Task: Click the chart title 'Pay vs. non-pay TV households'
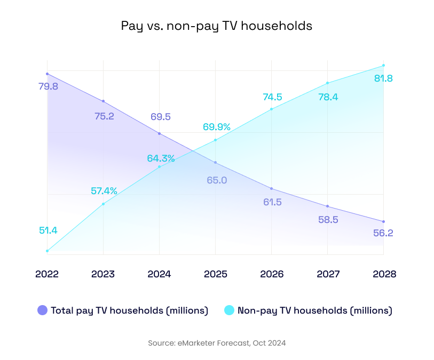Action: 216,26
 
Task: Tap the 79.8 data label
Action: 48,86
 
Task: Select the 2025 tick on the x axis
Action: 216,274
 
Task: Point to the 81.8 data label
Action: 383,78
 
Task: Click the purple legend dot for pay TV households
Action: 42,310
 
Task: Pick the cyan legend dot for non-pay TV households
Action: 229,310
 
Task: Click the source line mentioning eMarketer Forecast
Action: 217,343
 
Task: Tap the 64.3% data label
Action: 161,158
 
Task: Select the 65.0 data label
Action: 217,180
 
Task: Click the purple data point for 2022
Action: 48,74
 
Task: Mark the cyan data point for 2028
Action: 383,66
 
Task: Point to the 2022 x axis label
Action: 47,274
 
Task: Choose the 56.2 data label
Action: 382,233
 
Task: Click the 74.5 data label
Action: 272,97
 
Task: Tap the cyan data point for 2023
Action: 103,204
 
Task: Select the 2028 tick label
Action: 384,274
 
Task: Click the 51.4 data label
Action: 48,230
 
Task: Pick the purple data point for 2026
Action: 272,189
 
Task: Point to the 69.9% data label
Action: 217,127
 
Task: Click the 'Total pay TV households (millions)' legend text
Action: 129,310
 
